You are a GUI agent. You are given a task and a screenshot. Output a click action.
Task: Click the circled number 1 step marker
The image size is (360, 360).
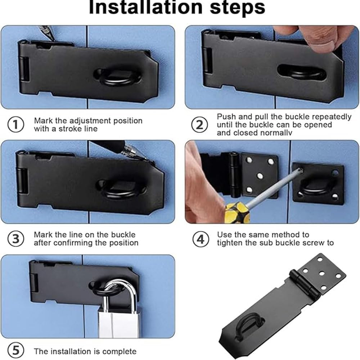tap(15, 125)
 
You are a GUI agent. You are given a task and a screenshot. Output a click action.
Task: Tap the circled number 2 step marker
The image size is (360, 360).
tap(200, 125)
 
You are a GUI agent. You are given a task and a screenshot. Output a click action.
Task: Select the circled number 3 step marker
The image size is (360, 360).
tap(15, 238)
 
